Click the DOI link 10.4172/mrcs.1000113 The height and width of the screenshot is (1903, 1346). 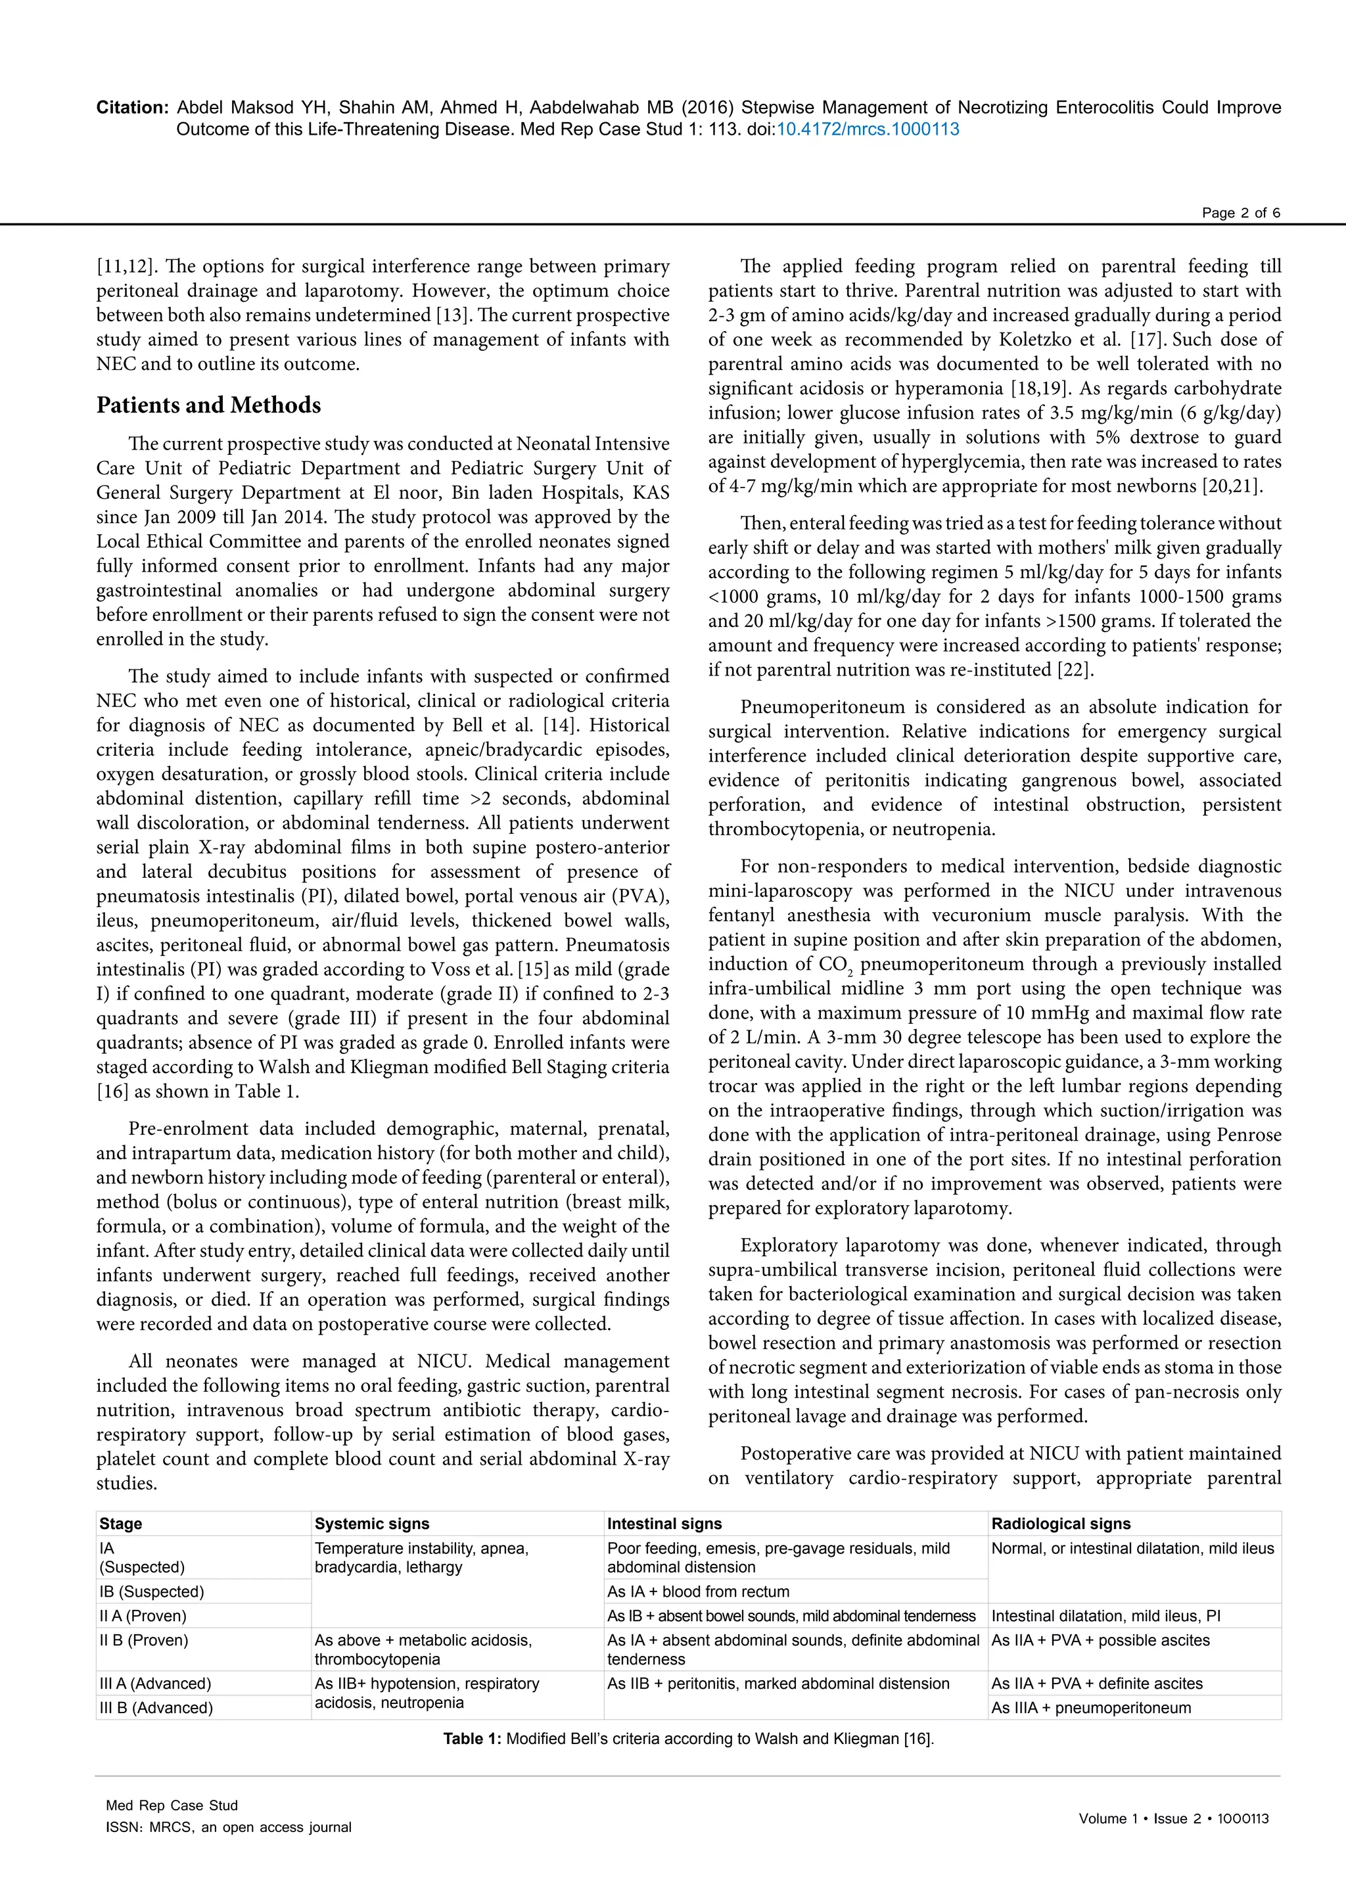pyautogui.click(x=867, y=129)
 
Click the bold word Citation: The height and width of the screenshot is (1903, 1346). pyautogui.click(x=133, y=108)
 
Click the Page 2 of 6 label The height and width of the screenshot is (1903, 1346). pyautogui.click(x=1241, y=213)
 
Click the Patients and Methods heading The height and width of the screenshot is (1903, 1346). pyautogui.click(x=208, y=405)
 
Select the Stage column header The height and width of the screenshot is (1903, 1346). pyautogui.click(x=121, y=1523)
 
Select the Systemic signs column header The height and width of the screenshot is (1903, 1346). pyautogui.click(x=372, y=1523)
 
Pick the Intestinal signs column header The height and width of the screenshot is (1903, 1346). pyautogui.click(x=664, y=1523)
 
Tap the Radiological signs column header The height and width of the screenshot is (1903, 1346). pyautogui.click(x=1061, y=1523)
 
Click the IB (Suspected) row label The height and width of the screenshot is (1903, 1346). pyautogui.click(x=152, y=1592)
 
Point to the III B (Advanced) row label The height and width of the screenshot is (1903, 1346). pyautogui.click(x=156, y=1707)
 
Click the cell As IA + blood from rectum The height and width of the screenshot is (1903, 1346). pyautogui.click(x=698, y=1592)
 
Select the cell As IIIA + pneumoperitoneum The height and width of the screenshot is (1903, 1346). pyautogui.click(x=1091, y=1707)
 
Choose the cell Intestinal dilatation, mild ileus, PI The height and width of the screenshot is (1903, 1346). pyautogui.click(x=1105, y=1615)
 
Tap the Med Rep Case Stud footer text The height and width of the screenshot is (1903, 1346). pyautogui.click(x=172, y=1805)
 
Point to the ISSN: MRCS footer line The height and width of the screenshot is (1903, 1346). pyautogui.click(x=228, y=1827)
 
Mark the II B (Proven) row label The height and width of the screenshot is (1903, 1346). pyautogui.click(x=144, y=1640)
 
